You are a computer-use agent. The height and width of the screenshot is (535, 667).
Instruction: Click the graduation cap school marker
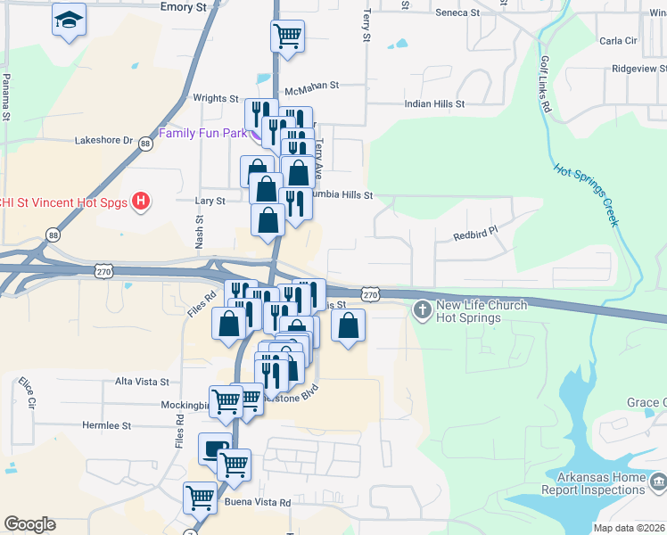tap(68, 21)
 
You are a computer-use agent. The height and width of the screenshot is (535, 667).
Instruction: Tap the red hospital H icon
tap(140, 202)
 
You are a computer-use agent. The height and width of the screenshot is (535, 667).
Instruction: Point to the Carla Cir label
tap(618, 41)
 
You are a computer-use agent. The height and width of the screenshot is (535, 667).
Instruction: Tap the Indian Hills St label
tap(434, 104)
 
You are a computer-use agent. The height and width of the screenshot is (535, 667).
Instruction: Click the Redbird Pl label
tap(473, 236)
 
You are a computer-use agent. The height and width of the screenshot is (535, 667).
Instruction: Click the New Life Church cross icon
tap(422, 311)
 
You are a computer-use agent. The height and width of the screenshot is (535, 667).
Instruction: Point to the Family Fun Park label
tap(202, 134)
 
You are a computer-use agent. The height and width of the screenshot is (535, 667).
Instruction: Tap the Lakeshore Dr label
tap(103, 140)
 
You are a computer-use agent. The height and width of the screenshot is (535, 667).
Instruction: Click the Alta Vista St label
tap(142, 382)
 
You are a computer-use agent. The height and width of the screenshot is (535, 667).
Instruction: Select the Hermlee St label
tap(106, 426)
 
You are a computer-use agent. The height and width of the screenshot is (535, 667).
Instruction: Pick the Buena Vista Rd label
tap(259, 503)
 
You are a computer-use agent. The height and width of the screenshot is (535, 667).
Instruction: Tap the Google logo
tap(29, 524)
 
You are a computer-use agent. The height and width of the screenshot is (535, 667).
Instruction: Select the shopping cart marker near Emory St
tap(287, 36)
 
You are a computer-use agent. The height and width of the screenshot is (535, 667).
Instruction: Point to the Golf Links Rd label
tap(545, 84)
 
